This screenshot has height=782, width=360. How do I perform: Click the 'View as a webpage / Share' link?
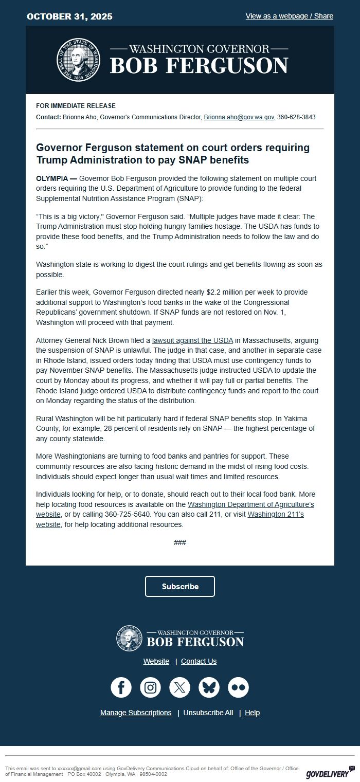pyautogui.click(x=289, y=16)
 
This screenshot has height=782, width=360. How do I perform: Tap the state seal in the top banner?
pyautogui.click(x=78, y=60)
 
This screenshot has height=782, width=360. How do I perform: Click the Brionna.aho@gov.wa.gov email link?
pyautogui.click(x=239, y=117)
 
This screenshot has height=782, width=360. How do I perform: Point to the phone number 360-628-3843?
pyautogui.click(x=296, y=117)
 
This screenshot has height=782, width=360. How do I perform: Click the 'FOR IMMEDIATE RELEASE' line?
pyautogui.click(x=76, y=106)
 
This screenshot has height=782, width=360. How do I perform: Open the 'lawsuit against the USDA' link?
pyautogui.click(x=192, y=340)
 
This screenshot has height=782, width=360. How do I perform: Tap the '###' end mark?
pyautogui.click(x=180, y=542)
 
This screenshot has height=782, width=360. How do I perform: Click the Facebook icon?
pyautogui.click(x=121, y=687)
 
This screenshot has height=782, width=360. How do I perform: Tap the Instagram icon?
pyautogui.click(x=151, y=687)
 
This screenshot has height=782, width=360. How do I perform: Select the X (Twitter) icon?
pyautogui.click(x=180, y=687)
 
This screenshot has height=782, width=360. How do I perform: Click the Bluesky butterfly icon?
pyautogui.click(x=209, y=687)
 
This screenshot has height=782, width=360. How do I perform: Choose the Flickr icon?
pyautogui.click(x=239, y=687)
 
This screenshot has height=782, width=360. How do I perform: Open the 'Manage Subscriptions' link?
pyautogui.click(x=136, y=713)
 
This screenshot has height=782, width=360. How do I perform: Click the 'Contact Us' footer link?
pyautogui.click(x=199, y=661)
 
